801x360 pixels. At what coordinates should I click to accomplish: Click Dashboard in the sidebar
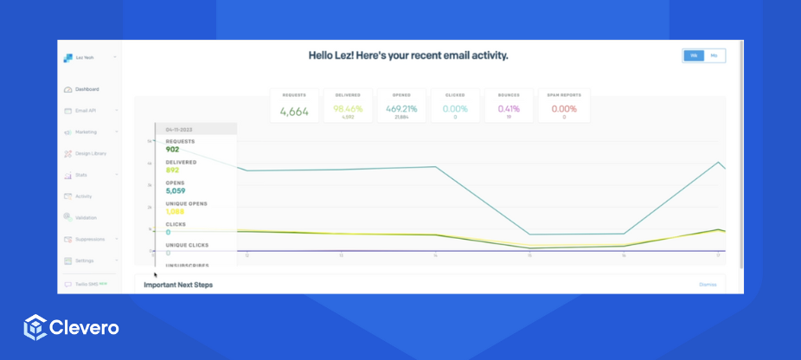pos(87,89)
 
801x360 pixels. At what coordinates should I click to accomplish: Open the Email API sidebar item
pos(86,111)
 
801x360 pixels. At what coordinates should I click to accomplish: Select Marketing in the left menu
pos(86,132)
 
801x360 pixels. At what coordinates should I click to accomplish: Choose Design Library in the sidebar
pos(91,153)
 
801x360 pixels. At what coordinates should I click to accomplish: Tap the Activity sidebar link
pos(83,196)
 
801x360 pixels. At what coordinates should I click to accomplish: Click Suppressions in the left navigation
pos(90,239)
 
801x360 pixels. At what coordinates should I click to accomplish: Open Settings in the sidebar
pos(84,260)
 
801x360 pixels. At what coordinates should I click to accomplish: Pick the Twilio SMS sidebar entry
pos(86,284)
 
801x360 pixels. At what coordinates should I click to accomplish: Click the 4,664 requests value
pos(294,110)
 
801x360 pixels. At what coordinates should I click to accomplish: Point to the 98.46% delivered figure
pos(349,108)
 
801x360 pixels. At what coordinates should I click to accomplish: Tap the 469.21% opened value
pos(402,108)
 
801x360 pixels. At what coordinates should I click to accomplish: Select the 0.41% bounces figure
pos(509,108)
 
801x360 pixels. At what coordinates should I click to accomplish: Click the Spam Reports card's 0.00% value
pos(564,108)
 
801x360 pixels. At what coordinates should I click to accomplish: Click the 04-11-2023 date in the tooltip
pos(181,129)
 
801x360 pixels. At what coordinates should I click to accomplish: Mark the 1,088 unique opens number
pos(176,212)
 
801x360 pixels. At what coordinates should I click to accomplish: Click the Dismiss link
pos(708,284)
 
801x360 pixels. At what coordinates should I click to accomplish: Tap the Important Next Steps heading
pos(178,285)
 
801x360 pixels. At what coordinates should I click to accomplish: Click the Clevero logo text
pos(85,328)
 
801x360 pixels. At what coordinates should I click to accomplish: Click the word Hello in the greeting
pos(324,55)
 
